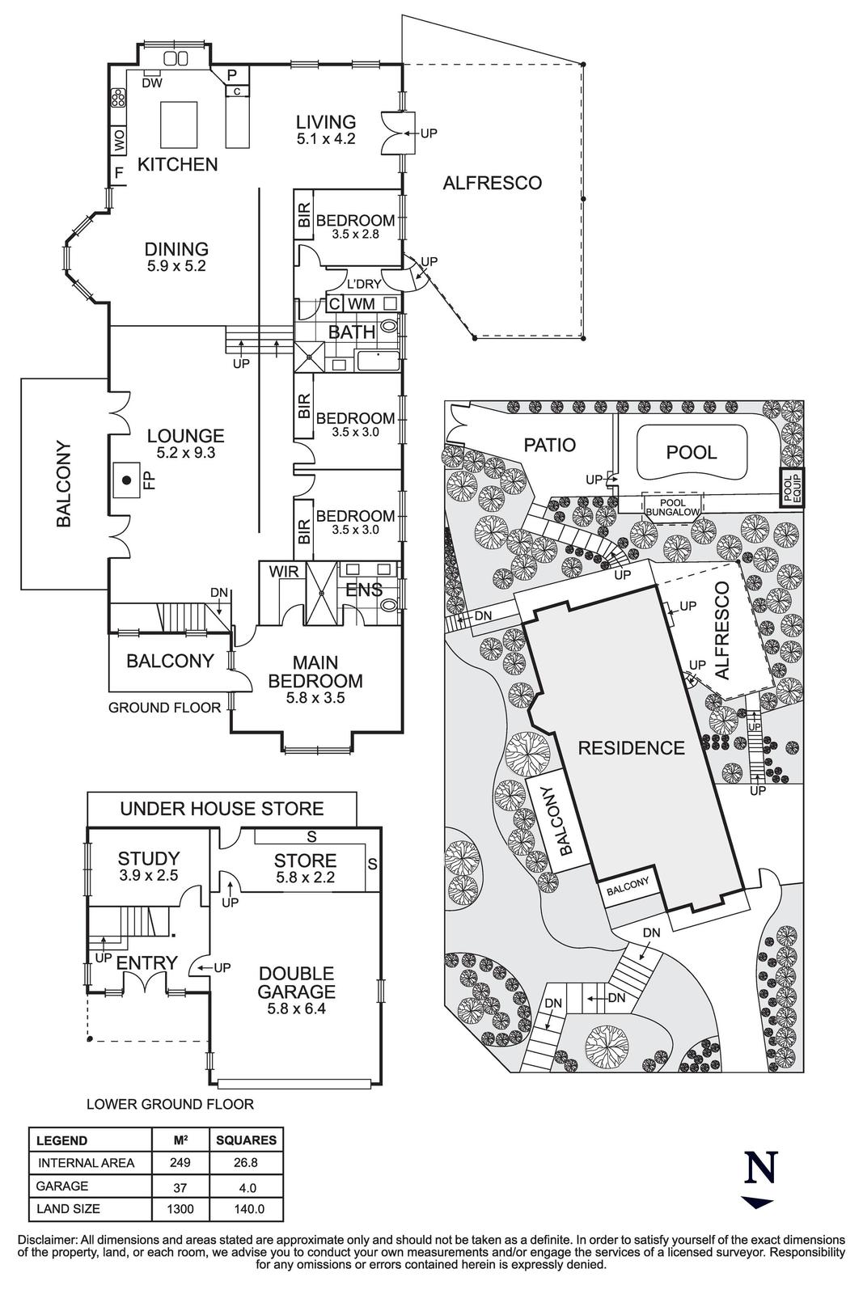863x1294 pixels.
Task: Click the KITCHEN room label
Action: [x=177, y=164]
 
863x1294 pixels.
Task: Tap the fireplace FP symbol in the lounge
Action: [x=127, y=480]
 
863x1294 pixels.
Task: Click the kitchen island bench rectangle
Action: [x=179, y=121]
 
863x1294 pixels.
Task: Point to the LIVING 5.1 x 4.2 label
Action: [x=325, y=129]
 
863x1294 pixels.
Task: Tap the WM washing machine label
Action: [x=361, y=304]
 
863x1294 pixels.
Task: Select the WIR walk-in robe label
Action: [x=284, y=572]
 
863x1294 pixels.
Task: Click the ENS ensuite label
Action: [x=364, y=590]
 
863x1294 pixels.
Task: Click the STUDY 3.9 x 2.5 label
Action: [x=148, y=865]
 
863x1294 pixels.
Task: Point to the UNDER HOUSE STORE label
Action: [x=222, y=808]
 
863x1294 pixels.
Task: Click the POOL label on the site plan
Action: [x=692, y=452]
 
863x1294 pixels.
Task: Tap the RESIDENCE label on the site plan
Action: [x=631, y=748]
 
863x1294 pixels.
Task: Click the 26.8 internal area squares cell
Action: [x=247, y=1163]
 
